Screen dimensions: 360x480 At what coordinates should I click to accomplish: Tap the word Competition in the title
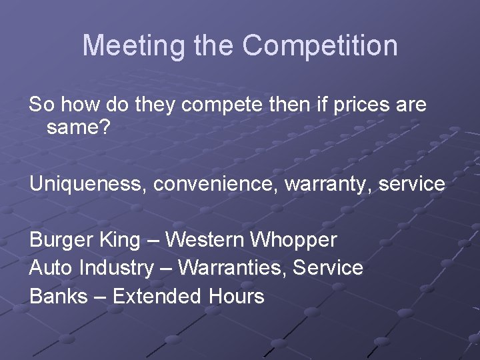click(320, 46)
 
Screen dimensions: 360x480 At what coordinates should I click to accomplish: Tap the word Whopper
click(295, 239)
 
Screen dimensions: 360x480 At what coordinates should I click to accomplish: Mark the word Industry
click(116, 268)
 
